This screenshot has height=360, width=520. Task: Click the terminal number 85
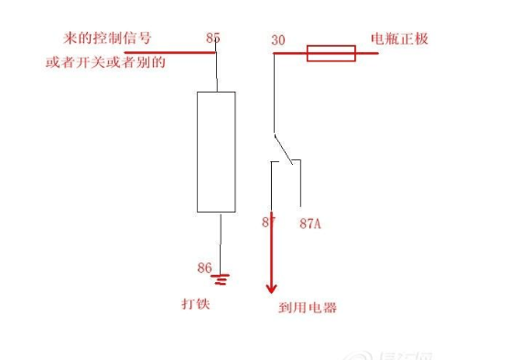click(x=213, y=38)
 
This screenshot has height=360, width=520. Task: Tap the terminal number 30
click(x=279, y=40)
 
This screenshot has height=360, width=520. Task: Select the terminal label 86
click(x=205, y=268)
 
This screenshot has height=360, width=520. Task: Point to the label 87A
click(x=310, y=223)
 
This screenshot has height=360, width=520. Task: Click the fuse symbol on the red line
click(x=330, y=53)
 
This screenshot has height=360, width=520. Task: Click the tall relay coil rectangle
click(x=216, y=151)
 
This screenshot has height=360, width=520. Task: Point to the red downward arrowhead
click(x=271, y=282)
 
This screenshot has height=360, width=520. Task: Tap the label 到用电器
click(x=307, y=308)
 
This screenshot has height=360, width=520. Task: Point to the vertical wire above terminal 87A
click(x=301, y=183)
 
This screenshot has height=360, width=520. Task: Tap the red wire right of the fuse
click(x=367, y=53)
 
